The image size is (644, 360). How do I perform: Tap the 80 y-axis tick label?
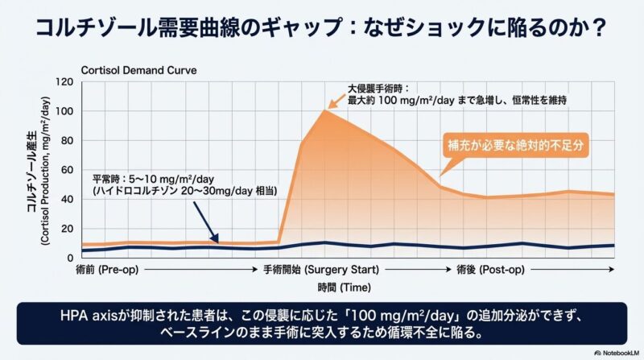pos(67,140)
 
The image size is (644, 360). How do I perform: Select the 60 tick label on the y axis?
pos(67,170)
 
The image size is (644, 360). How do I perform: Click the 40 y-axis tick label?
pos(67,199)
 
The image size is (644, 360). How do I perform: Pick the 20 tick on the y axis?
pos(67,229)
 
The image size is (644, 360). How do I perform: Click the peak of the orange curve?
pos(324,110)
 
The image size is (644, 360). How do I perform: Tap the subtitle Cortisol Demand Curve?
pos(134,70)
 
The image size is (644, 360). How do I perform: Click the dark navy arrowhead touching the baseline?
pos(215,238)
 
